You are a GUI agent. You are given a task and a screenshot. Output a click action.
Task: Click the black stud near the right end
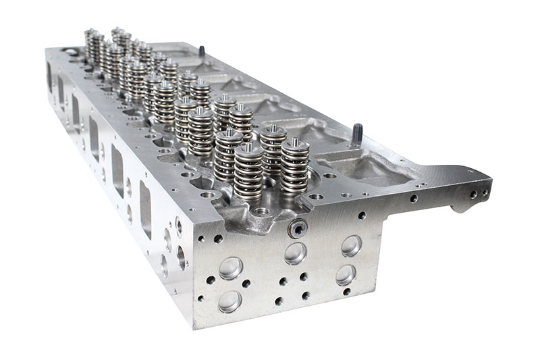(x=357, y=133)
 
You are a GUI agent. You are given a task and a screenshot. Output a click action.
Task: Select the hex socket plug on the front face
(x=296, y=229)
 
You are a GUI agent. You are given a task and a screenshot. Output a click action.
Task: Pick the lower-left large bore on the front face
(x=230, y=301)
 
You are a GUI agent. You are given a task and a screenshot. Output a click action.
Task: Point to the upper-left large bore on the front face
(x=231, y=267)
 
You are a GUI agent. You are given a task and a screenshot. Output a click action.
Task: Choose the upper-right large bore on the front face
(x=350, y=245)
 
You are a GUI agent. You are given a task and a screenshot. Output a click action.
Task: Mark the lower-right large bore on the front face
(x=346, y=274)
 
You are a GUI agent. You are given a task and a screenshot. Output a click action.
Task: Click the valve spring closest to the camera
(x=248, y=174)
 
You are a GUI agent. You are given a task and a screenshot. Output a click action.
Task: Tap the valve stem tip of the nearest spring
(x=248, y=147)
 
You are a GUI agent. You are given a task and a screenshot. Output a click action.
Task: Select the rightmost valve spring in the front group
(x=294, y=165)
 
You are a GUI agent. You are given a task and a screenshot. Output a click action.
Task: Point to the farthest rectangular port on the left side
(x=49, y=76)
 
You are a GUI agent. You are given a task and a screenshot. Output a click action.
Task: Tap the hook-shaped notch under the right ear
(x=459, y=205)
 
